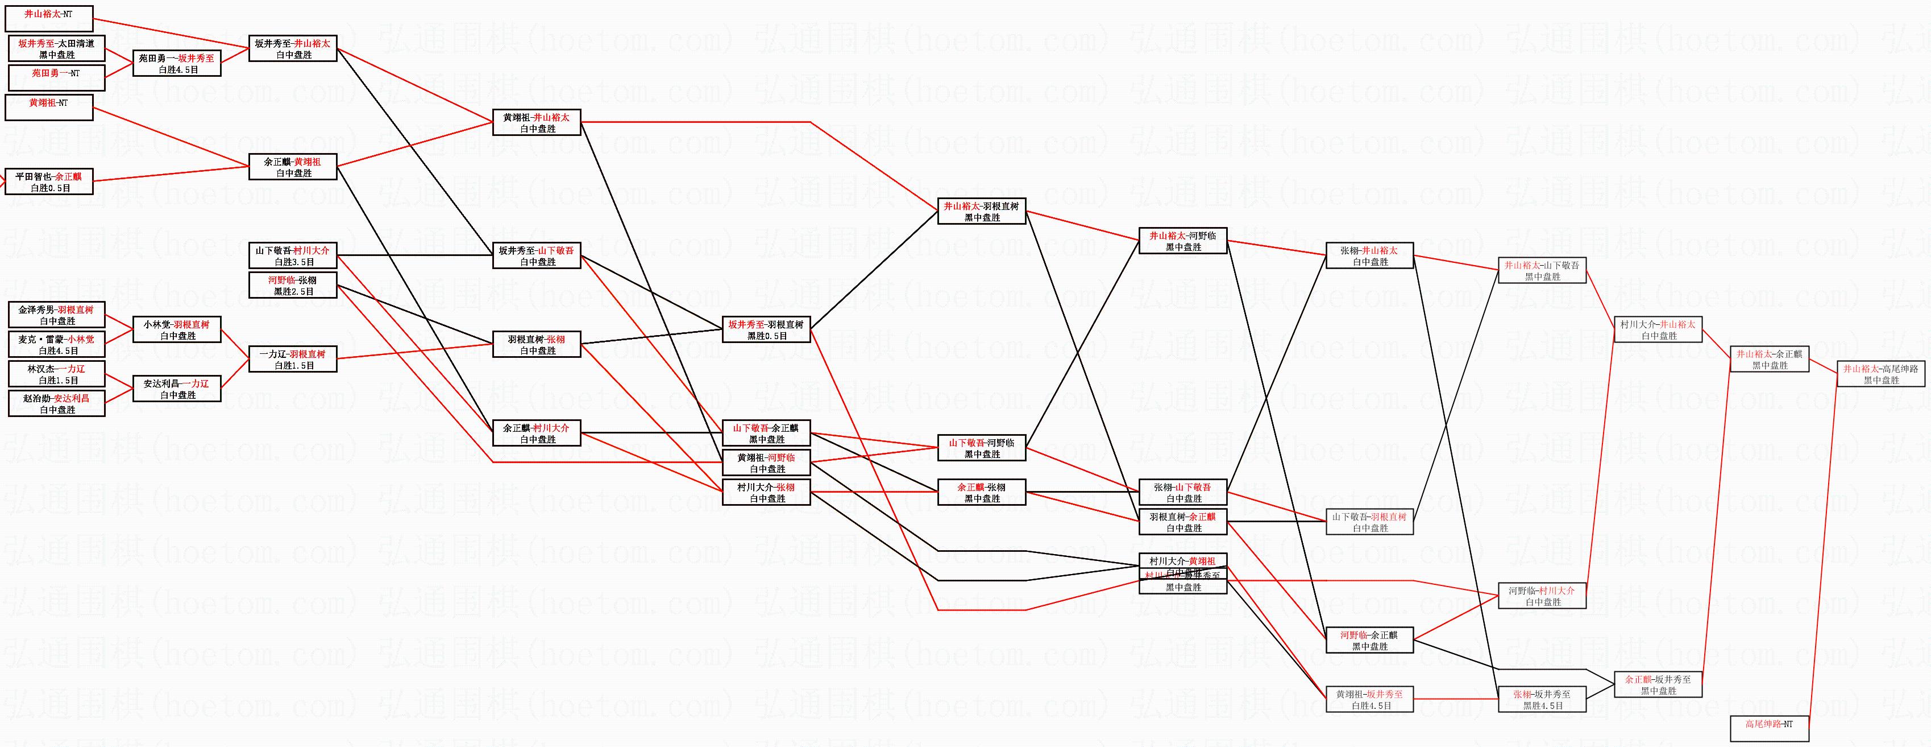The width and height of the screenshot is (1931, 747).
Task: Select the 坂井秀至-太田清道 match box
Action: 56,49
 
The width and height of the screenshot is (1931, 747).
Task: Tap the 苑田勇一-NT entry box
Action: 56,78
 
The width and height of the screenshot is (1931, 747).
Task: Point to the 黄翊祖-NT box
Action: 49,108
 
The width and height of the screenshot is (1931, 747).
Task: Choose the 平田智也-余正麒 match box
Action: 49,181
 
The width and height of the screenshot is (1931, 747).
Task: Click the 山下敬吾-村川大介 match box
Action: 292,256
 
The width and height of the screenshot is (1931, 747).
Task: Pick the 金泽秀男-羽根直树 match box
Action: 56,315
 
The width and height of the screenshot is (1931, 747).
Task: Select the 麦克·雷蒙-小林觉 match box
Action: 56,344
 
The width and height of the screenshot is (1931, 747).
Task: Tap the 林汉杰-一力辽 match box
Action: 56,374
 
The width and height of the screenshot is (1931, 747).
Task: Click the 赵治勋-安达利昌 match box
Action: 56,403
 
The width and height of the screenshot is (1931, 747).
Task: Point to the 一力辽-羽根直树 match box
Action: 292,359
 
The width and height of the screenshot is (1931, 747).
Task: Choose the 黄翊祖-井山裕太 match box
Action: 537,122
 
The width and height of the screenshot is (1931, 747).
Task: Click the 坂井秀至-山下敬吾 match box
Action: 537,256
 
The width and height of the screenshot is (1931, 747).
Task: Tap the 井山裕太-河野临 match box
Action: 1183,241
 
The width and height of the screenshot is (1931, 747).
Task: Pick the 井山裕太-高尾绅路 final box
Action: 1881,374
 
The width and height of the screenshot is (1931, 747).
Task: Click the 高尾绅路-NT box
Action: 1769,728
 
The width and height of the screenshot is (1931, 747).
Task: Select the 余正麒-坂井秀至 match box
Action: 1658,685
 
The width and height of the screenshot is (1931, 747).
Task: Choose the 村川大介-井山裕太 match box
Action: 1658,330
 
